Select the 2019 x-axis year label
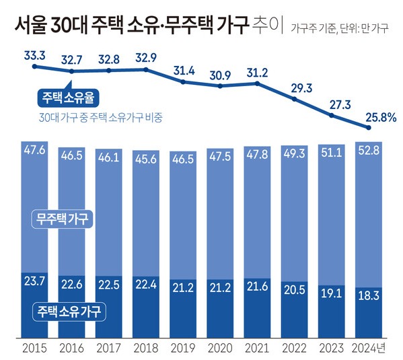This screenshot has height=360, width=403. tap(183, 349)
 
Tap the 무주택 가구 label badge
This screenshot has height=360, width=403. tap(63, 219)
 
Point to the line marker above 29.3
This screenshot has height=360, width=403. tap(296, 98)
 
